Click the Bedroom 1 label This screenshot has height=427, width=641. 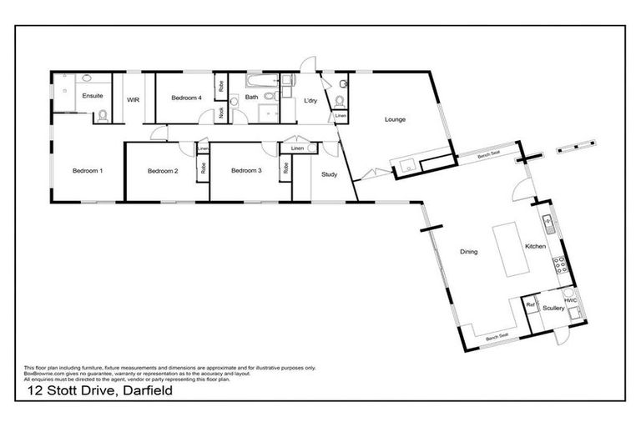[x=88, y=171]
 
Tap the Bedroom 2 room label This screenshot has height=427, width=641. [x=163, y=171]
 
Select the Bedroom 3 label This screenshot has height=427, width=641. [x=246, y=171]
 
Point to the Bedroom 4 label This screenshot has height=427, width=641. [x=186, y=98]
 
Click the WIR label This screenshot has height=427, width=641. [x=133, y=98]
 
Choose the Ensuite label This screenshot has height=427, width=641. [x=92, y=96]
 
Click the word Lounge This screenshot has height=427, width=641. [x=395, y=119]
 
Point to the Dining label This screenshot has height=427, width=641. [x=468, y=251]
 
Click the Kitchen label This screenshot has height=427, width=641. [x=534, y=247]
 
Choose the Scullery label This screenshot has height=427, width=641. [x=553, y=309]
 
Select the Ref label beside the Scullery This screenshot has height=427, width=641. [x=530, y=305]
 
